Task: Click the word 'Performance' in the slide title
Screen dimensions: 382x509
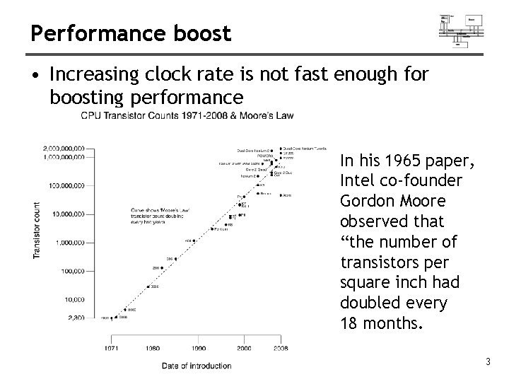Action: (x=73, y=33)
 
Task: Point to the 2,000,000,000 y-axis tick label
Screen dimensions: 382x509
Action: (x=64, y=149)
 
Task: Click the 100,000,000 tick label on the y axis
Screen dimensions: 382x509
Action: (x=67, y=185)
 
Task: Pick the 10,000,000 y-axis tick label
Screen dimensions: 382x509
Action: (x=69, y=213)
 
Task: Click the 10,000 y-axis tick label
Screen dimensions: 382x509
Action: (x=74, y=299)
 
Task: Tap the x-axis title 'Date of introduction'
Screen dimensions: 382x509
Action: (x=196, y=366)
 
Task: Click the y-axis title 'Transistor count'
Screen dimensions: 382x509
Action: (x=37, y=230)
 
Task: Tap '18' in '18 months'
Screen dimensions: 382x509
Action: (x=350, y=324)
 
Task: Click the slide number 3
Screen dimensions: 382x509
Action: (x=487, y=363)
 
